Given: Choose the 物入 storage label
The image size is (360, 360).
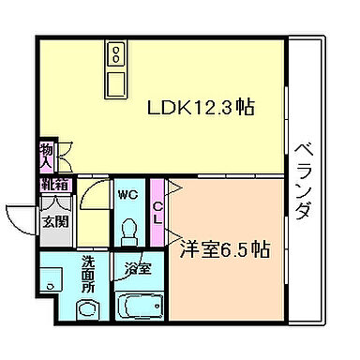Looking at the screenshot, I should tap(45, 155).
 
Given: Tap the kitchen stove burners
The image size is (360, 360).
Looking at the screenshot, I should tap(116, 52).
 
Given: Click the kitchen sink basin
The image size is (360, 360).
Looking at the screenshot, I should tap(116, 83).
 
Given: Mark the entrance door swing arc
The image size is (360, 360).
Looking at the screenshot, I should tap(21, 217).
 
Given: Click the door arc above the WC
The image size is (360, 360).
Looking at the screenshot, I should tap(94, 191).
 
